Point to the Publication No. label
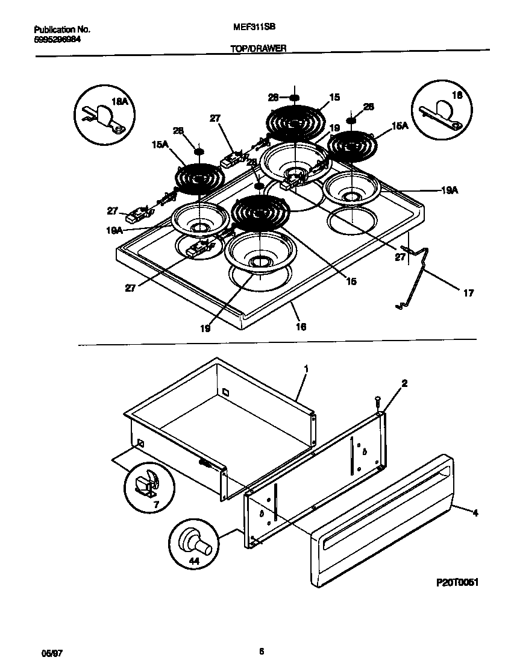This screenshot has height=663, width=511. tap(62, 29)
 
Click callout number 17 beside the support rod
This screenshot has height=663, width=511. tap(468, 294)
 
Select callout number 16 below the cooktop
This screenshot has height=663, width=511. tap(301, 327)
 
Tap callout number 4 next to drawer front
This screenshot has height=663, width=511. tap(475, 514)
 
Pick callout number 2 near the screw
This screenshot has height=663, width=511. tap(404, 383)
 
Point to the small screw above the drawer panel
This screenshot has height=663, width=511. tap(377, 399)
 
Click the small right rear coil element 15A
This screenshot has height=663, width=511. tap(353, 145)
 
